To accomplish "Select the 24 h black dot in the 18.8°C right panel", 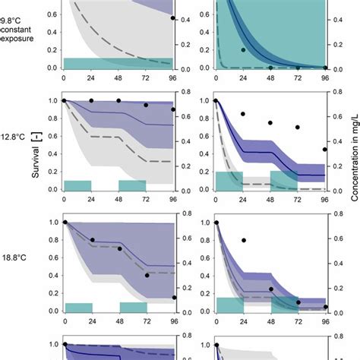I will (244, 240).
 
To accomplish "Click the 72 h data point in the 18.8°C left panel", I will (146, 276).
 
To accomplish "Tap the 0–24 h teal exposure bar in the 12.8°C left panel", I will (77, 185).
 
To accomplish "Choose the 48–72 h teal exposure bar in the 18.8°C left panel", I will (133, 307).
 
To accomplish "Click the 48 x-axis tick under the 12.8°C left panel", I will (118, 200).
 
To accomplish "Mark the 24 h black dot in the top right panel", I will (244, 50).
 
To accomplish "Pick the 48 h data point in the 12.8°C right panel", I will (271, 122).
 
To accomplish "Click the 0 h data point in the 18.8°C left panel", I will (65, 222).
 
